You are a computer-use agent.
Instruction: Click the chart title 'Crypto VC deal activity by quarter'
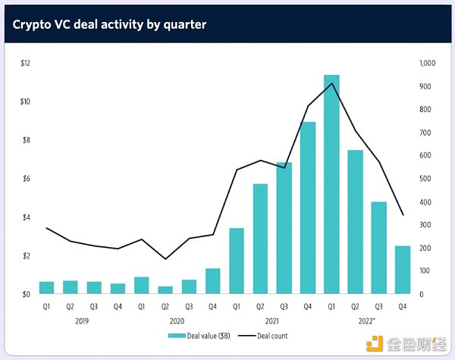(x=109, y=24)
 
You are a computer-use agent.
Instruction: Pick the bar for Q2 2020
(x=165, y=290)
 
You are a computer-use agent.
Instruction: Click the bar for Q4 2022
(x=402, y=270)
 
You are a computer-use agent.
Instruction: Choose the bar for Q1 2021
(x=236, y=261)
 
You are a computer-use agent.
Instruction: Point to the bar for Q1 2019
(x=47, y=287)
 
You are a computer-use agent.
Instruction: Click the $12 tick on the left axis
(x=25, y=63)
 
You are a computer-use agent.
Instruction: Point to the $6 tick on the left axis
(x=25, y=179)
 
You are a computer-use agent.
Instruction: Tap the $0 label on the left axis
(x=25, y=294)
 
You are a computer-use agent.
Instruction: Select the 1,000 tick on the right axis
(x=427, y=63)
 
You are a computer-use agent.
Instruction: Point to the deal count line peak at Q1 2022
(x=331, y=83)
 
